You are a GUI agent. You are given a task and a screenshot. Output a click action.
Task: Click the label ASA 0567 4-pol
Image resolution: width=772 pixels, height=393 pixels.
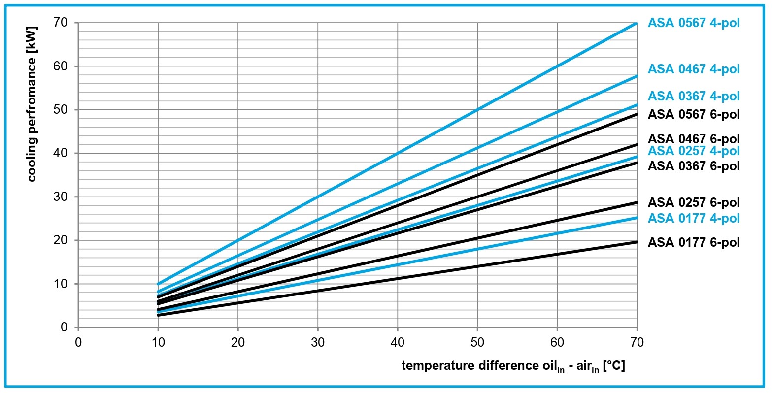coord(693,23)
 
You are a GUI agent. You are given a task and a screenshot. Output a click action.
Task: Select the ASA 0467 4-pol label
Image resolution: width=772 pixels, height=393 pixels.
coord(693,69)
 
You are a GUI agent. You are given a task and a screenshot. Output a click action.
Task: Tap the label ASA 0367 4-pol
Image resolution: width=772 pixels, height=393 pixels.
coord(693,96)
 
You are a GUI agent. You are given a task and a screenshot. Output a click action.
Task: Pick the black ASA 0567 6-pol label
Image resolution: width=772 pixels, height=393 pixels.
coord(693,114)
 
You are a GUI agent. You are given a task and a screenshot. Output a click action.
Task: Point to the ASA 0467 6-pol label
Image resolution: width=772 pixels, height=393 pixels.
coord(693,139)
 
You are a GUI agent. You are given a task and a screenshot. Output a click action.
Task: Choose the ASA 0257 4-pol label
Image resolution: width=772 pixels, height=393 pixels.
coord(693,151)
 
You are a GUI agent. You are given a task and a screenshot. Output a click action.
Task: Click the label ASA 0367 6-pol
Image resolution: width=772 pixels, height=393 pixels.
coord(693,166)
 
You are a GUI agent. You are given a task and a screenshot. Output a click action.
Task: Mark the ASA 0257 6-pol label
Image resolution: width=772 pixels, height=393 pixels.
coord(693,202)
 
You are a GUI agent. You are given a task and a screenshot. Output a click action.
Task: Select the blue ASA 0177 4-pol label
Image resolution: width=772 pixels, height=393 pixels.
coord(693,218)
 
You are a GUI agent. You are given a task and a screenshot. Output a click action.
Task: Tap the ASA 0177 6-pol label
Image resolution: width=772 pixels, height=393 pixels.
coord(693,242)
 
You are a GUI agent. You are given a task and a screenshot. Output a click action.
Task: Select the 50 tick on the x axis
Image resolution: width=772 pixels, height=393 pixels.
coord(477,342)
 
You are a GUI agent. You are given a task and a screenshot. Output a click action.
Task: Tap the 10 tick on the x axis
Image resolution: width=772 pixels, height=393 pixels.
coord(158,342)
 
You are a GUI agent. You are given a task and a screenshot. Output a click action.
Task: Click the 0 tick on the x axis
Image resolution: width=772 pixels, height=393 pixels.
coord(78,342)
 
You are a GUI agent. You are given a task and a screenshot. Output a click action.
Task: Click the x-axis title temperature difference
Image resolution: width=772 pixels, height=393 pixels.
coord(513,366)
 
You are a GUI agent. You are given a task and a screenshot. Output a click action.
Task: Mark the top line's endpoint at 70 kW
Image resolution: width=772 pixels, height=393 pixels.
coord(637,23)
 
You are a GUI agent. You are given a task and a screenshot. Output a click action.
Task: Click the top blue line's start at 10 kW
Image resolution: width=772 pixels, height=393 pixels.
coord(158,284)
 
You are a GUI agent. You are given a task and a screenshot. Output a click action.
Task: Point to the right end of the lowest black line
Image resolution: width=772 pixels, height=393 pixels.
coord(637,242)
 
